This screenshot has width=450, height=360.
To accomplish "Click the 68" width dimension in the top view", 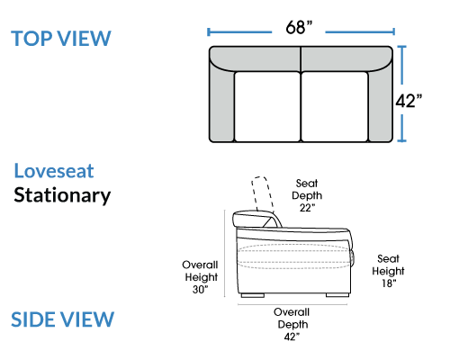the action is click(x=299, y=27).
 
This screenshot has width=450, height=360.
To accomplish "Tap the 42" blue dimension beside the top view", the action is click(x=409, y=101).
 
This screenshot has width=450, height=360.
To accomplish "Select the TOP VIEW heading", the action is click(x=61, y=39).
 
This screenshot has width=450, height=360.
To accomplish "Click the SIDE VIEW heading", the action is click(x=62, y=319).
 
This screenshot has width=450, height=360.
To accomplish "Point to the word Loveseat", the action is click(x=54, y=171).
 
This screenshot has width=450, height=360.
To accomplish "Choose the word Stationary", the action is click(x=62, y=195).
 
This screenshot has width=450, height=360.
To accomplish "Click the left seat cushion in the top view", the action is click(x=267, y=106).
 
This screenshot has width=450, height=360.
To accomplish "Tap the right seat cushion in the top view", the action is click(x=335, y=106).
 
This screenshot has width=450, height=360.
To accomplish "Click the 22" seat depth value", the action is click(x=307, y=208).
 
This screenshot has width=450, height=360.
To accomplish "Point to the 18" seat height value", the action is click(x=389, y=283).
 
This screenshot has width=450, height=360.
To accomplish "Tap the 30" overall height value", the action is click(x=201, y=290).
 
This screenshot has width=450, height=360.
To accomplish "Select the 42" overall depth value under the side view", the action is click(x=292, y=337).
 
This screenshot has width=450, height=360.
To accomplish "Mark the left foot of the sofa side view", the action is click(x=253, y=295).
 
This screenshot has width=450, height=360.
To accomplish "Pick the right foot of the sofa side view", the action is click(x=337, y=295).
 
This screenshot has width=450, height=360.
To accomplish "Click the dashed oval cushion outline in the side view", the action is click(x=294, y=244).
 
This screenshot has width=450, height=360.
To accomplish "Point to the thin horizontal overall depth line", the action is click(x=292, y=304).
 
